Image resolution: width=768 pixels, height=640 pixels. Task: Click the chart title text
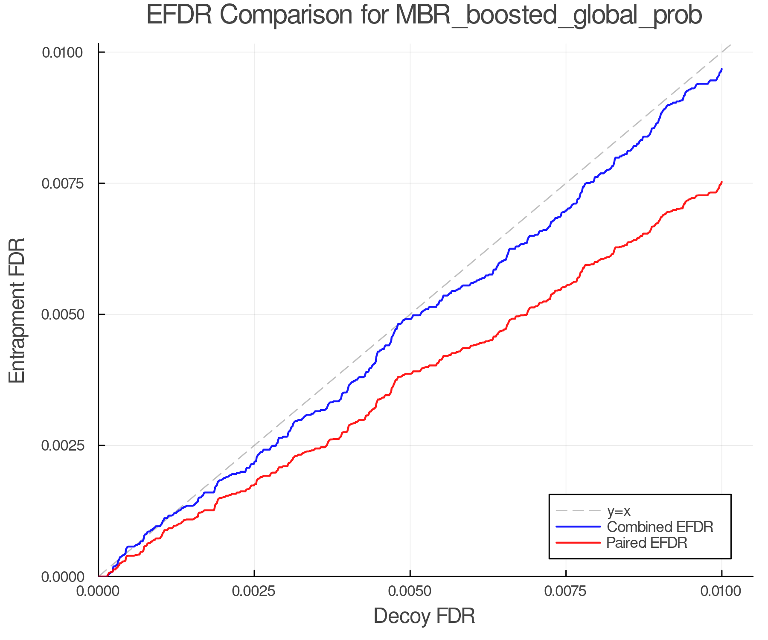(424, 15)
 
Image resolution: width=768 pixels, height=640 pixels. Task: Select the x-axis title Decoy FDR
(424, 616)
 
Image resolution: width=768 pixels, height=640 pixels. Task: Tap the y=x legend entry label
(619, 511)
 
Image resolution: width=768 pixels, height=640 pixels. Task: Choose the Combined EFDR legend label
(660, 527)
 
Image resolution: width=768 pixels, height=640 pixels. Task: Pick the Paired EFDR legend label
(647, 543)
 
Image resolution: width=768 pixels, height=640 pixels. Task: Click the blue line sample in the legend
(578, 527)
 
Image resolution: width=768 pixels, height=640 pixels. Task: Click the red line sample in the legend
(578, 543)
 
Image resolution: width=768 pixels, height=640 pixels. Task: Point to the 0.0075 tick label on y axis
(63, 183)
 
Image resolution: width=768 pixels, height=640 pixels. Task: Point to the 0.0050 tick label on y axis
(63, 314)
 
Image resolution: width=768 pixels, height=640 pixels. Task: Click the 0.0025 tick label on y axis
(63, 445)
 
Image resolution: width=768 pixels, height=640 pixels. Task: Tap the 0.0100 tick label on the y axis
(63, 52)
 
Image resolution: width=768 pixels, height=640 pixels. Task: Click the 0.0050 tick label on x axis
(410, 591)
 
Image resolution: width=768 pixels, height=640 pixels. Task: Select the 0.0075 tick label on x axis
(566, 591)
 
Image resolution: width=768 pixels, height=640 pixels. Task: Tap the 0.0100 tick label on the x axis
(721, 591)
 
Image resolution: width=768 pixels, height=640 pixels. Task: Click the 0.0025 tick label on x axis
(254, 591)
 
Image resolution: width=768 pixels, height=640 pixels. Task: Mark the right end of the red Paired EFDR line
(721, 182)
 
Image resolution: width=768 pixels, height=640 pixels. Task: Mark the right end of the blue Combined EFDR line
(721, 69)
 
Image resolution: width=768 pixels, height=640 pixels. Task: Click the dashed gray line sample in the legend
(578, 511)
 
